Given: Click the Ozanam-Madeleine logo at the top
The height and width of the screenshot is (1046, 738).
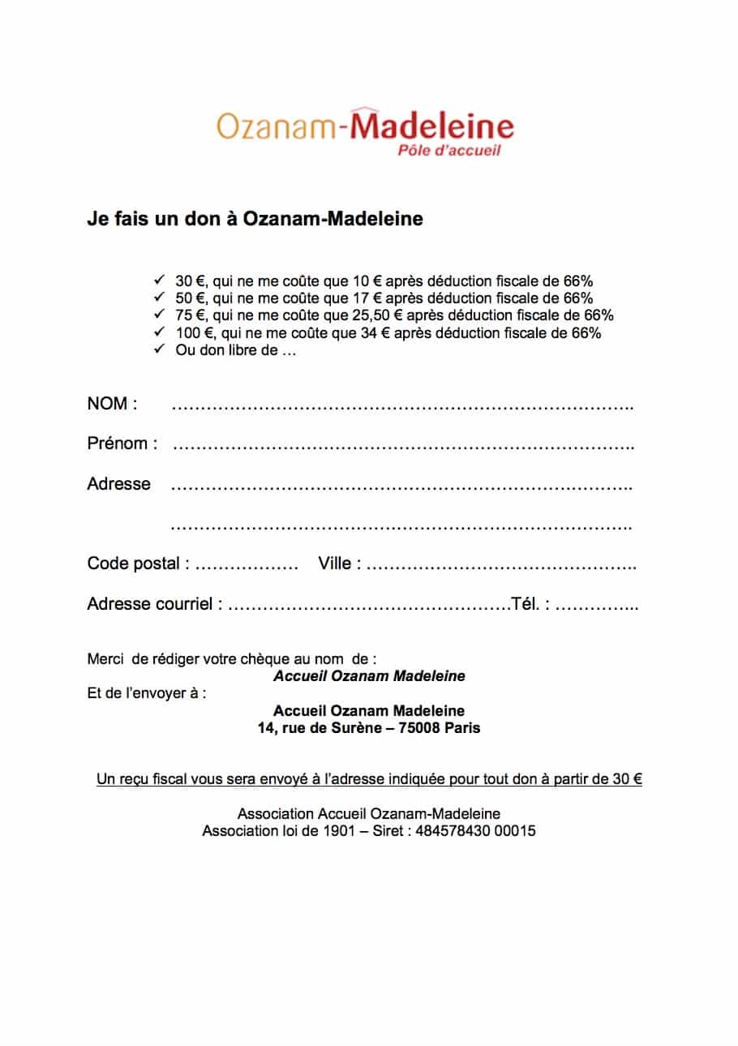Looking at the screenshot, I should (365, 128).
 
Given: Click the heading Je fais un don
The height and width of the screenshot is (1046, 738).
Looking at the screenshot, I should (255, 219).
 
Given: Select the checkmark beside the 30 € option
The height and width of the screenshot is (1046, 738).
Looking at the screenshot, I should (158, 280).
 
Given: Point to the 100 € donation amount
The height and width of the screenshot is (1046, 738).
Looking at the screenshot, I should (191, 332).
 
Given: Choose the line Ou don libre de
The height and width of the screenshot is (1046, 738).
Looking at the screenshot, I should (236, 349).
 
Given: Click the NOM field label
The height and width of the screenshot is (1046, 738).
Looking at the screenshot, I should (112, 404).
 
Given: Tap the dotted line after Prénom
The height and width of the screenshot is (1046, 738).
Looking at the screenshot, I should (403, 445).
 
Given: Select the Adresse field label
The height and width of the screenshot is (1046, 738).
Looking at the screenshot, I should (118, 484).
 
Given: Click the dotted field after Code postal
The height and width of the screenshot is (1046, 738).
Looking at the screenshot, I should (247, 565).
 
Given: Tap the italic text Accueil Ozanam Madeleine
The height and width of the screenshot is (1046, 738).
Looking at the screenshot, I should (369, 676).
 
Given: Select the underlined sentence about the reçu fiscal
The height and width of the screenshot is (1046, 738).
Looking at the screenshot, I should (369, 779).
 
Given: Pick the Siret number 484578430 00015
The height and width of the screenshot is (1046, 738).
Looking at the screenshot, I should (474, 831).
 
